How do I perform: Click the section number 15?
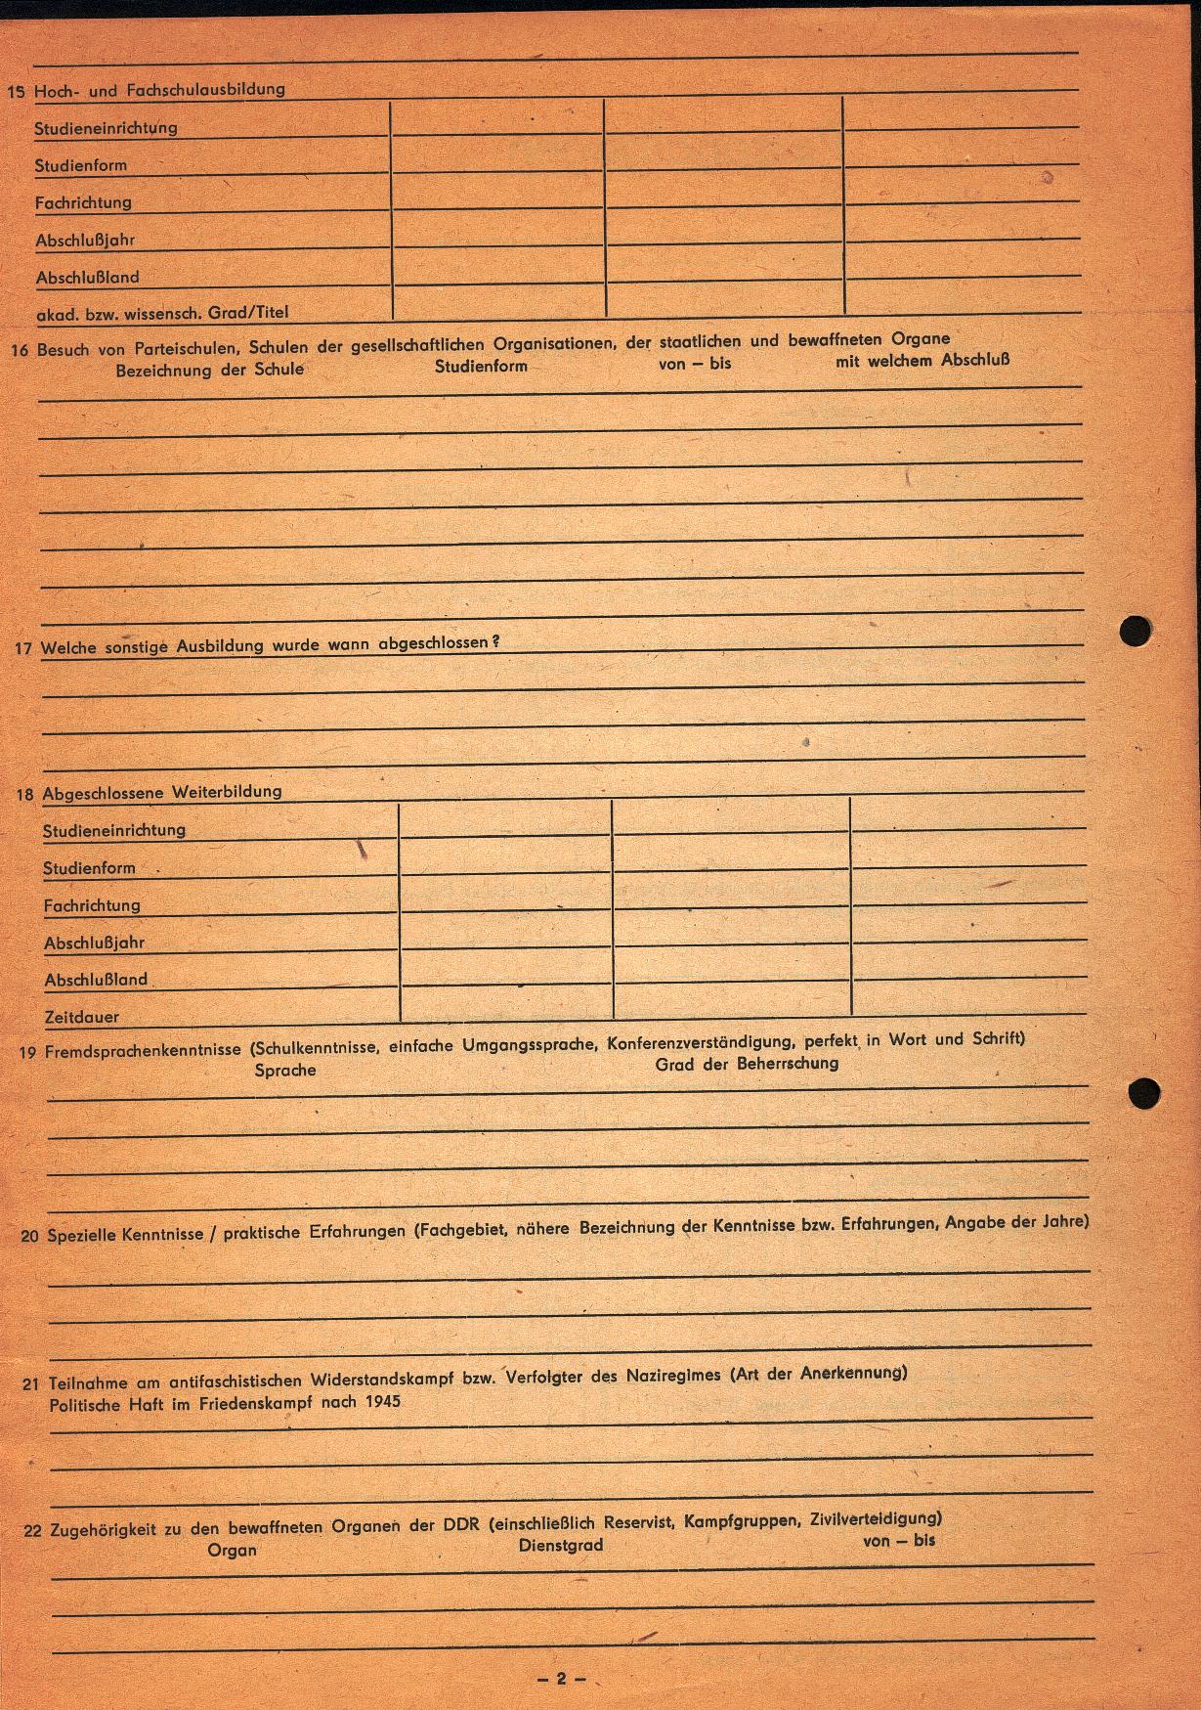pyautogui.click(x=16, y=93)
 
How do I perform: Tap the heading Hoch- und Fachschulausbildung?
pyautogui.click(x=159, y=90)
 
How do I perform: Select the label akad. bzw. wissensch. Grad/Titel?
pyautogui.click(x=162, y=313)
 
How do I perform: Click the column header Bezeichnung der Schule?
pyautogui.click(x=209, y=370)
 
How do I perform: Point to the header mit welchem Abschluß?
pyautogui.click(x=922, y=360)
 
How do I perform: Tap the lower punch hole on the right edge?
pyautogui.click(x=1144, y=1092)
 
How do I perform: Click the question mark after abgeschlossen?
pyautogui.click(x=495, y=641)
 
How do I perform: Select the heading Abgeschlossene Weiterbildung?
pyautogui.click(x=161, y=792)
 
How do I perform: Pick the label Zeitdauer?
pyautogui.click(x=81, y=1017)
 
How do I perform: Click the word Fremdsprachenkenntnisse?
pyautogui.click(x=143, y=1050)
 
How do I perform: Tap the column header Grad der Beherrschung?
pyautogui.click(x=747, y=1063)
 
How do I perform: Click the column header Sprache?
pyautogui.click(x=285, y=1070)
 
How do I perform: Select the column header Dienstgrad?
pyautogui.click(x=561, y=1545)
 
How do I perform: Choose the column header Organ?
pyautogui.click(x=232, y=1550)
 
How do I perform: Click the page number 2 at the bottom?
pyautogui.click(x=561, y=1678)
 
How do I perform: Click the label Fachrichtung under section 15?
pyautogui.click(x=83, y=202)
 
